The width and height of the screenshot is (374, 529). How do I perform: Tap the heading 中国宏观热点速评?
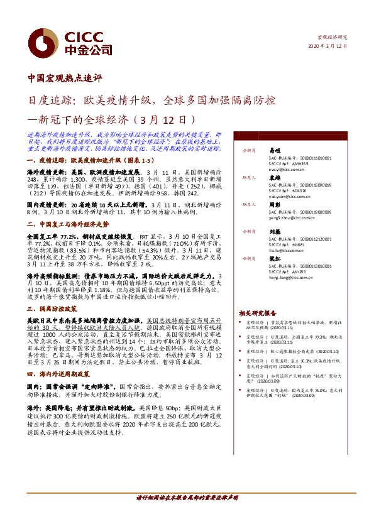(x=65, y=79)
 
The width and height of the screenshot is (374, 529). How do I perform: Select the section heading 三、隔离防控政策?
(x=53, y=309)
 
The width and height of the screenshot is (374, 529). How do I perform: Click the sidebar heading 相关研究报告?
(x=258, y=313)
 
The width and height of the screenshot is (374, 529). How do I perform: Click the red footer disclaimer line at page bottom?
(x=187, y=498)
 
